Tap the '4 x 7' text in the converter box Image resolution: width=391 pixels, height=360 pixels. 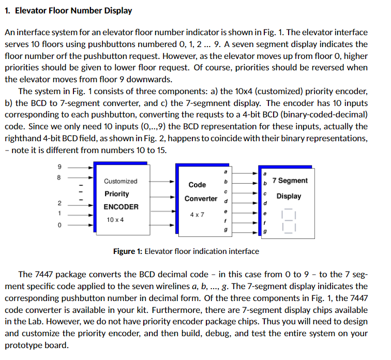(197, 214)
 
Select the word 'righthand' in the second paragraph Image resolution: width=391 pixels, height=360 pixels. (22, 138)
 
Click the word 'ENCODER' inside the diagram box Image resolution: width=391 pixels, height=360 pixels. (121, 207)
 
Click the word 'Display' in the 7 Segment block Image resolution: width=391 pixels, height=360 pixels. (289, 197)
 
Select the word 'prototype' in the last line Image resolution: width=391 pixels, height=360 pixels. (22, 345)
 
